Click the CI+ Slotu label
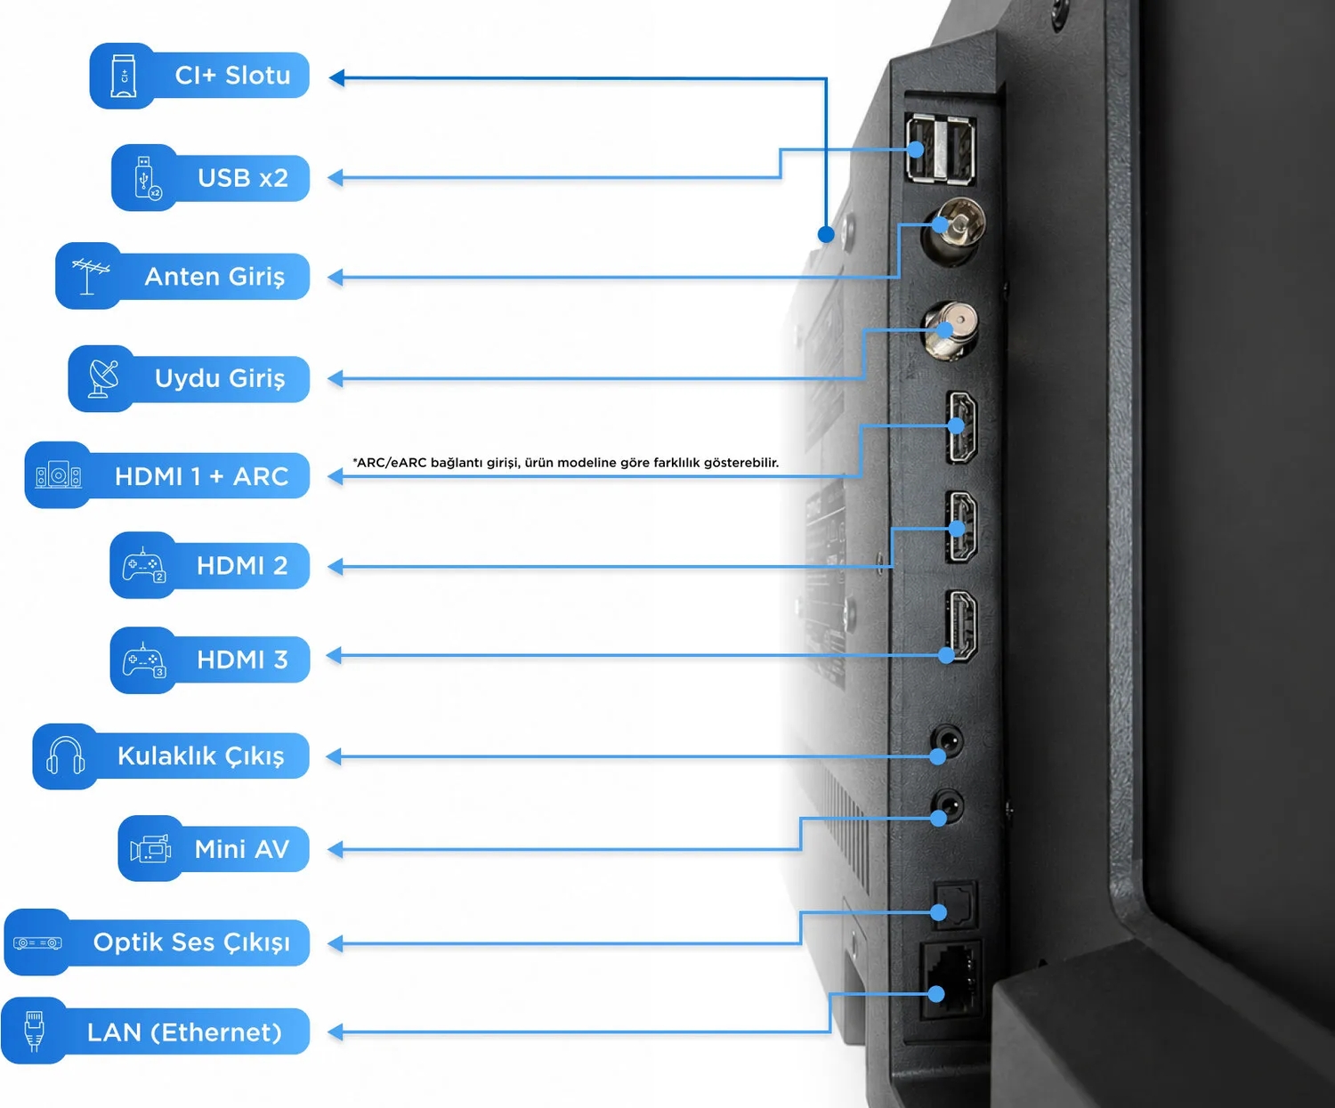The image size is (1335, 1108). tap(232, 76)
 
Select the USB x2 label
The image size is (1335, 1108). tap(243, 178)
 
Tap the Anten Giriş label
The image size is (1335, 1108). tap(214, 277)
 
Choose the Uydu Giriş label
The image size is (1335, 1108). tap(220, 378)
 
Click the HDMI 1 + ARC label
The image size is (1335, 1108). tap(201, 476)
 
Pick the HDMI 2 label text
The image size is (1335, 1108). tap(242, 565)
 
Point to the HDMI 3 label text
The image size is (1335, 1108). tap(242, 659)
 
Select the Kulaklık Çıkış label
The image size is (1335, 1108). tap(201, 756)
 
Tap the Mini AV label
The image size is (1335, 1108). tap(242, 849)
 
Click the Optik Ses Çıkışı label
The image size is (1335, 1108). tap(192, 942)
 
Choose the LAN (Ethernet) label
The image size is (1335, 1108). tap(184, 1032)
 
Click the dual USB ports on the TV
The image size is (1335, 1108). tap(941, 149)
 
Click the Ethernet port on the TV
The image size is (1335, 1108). tap(951, 979)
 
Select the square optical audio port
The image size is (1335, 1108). tap(956, 903)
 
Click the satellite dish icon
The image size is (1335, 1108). tap(103, 378)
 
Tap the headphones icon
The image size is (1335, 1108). tap(65, 756)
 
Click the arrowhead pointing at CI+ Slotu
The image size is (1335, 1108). tap(336, 78)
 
